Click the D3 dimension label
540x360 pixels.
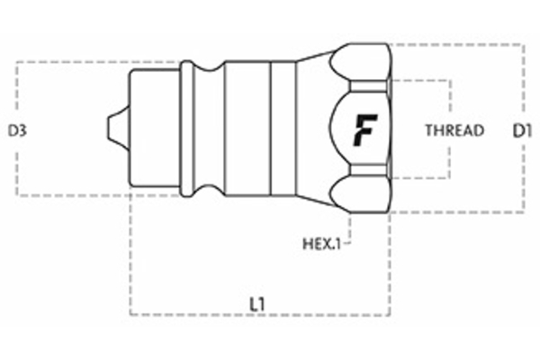point(18,130)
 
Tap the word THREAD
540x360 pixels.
point(454,130)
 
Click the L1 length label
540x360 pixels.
point(257,304)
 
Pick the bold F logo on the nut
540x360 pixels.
point(364,130)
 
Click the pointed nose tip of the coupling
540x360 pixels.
point(112,126)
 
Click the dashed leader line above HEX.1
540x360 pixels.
point(349,225)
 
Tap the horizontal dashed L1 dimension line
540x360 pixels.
point(261,315)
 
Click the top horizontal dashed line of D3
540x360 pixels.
point(90,63)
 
